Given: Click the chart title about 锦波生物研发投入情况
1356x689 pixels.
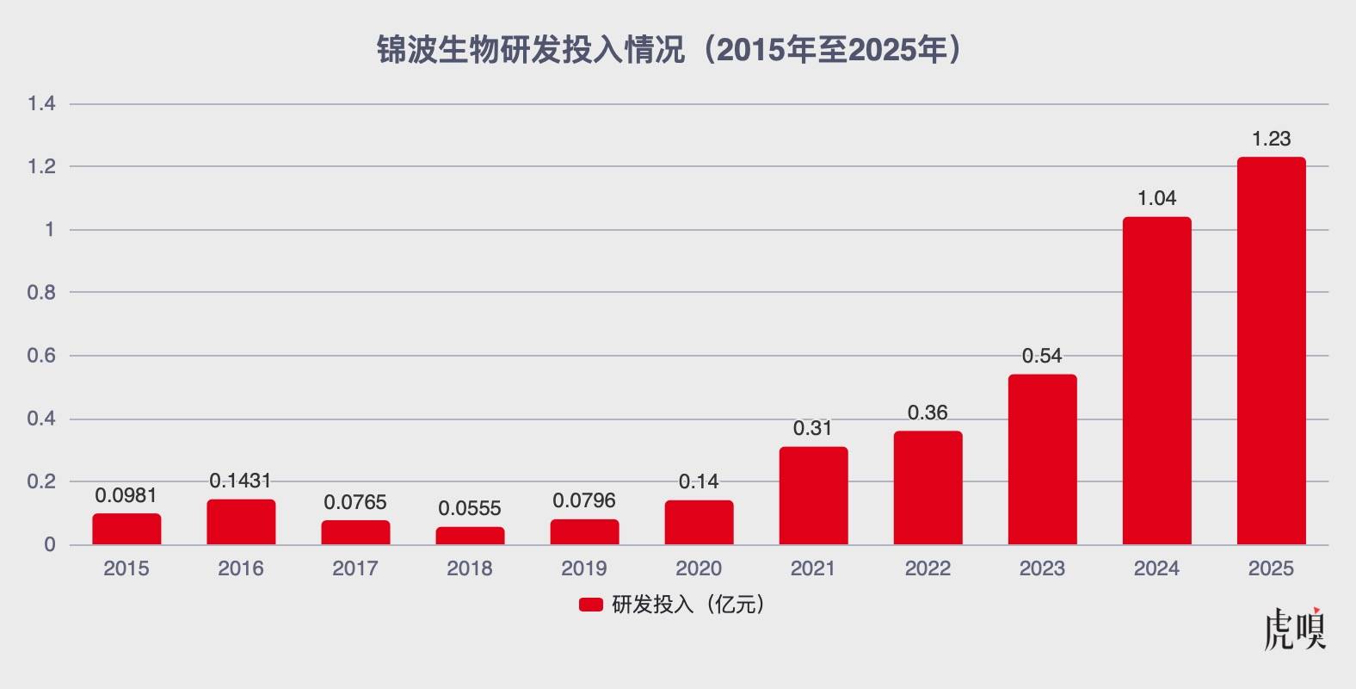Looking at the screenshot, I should (669, 51).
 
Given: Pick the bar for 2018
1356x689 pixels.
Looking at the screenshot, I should (470, 536).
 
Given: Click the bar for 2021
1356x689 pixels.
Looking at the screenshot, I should (813, 496).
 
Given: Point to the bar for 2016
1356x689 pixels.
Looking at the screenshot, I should (241, 522).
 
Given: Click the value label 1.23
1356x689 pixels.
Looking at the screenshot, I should (1271, 140).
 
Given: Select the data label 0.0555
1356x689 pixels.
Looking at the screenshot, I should (470, 509).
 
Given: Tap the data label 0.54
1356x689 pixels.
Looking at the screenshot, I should (1042, 356).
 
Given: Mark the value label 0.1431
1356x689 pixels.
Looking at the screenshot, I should (241, 481).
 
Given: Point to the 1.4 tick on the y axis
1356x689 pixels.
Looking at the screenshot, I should (41, 104).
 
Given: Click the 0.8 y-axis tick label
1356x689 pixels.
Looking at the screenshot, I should (41, 293).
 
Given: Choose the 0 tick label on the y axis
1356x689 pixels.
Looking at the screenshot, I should (50, 544).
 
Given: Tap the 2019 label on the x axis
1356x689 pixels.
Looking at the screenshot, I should (584, 568).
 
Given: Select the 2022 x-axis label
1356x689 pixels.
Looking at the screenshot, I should (928, 568).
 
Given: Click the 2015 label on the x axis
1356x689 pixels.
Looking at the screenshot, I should (126, 568).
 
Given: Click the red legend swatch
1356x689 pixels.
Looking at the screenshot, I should (590, 605).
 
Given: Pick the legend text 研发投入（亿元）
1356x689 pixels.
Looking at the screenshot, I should (688, 605).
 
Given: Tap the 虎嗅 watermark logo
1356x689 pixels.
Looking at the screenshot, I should (1295, 630).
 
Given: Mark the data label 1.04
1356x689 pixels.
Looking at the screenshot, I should (1156, 199).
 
